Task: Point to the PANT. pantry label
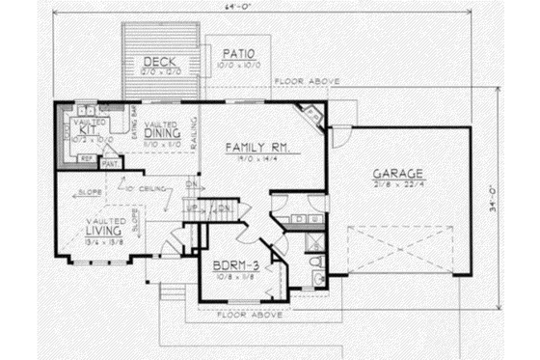pyautogui.click(x=110, y=164)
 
